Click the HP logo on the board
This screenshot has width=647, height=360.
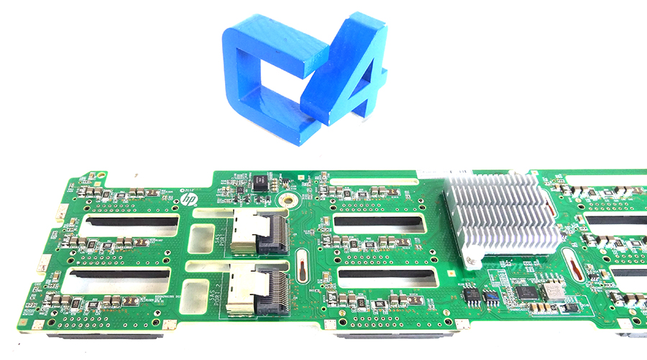click(x=189, y=198)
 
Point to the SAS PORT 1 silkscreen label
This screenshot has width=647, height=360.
click(x=220, y=234)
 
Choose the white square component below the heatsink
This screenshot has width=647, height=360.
click(x=553, y=291)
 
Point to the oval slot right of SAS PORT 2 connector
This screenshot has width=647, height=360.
click(x=303, y=269)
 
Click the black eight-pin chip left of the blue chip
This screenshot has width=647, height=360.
click(x=472, y=294)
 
